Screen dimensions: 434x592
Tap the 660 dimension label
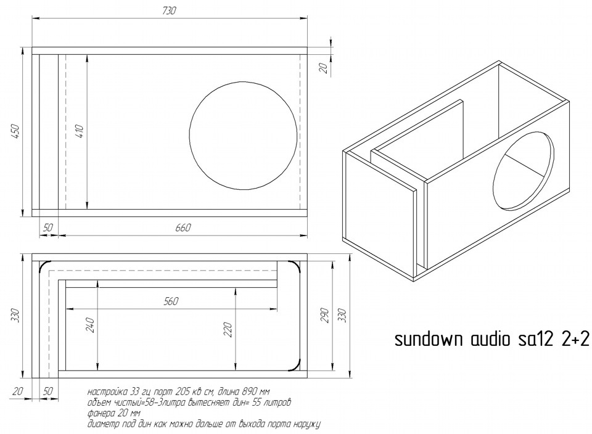(183, 228)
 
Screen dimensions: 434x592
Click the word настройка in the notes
(108, 392)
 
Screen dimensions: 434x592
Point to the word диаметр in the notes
(105, 424)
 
